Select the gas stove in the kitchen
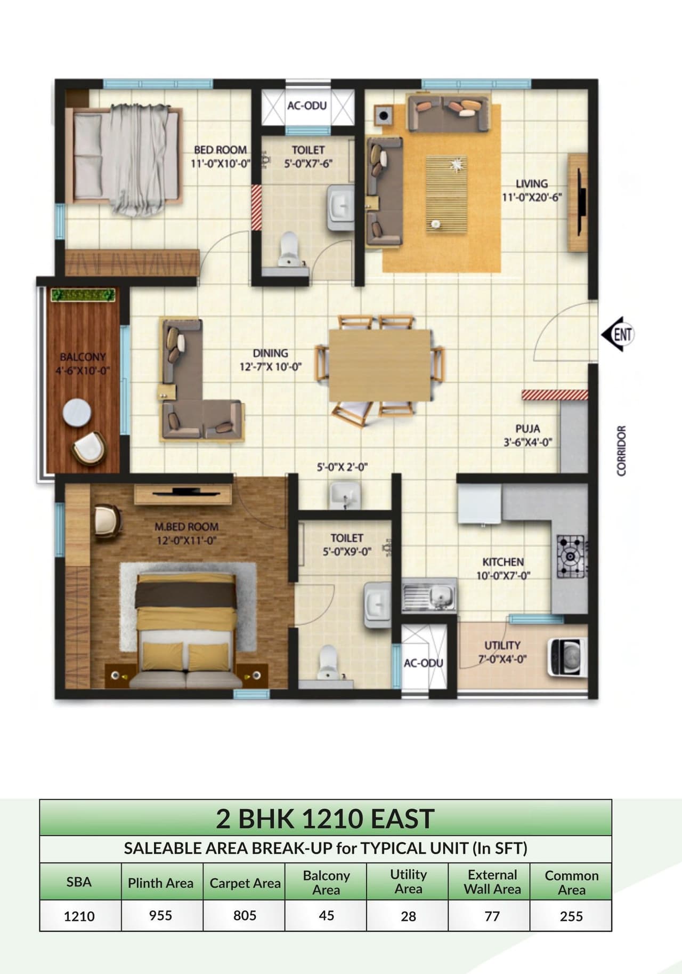click(571, 557)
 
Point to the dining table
click(380, 365)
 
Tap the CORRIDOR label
click(621, 450)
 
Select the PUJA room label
click(527, 429)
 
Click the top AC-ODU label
click(307, 106)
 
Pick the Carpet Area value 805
click(245, 915)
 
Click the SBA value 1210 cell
click(79, 916)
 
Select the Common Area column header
click(571, 882)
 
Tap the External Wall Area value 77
click(492, 916)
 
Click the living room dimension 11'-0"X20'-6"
click(532, 197)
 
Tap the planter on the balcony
click(83, 295)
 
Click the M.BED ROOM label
click(186, 527)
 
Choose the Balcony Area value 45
click(326, 915)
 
